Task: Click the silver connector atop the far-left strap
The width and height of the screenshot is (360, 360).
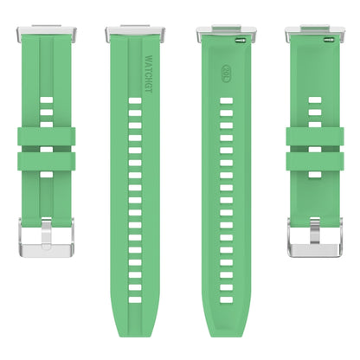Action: point(45,35)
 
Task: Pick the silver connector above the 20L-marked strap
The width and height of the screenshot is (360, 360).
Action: point(226,34)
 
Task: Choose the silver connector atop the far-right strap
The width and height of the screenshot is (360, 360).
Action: point(315,35)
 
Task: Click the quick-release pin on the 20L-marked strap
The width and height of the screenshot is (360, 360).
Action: point(226,39)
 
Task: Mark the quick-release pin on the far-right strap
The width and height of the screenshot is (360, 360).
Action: point(327,39)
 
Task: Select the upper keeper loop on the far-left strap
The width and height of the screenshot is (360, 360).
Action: point(45,136)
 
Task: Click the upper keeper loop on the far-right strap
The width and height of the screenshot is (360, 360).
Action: point(315,136)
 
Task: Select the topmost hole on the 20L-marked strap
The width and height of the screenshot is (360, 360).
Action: point(226,100)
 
